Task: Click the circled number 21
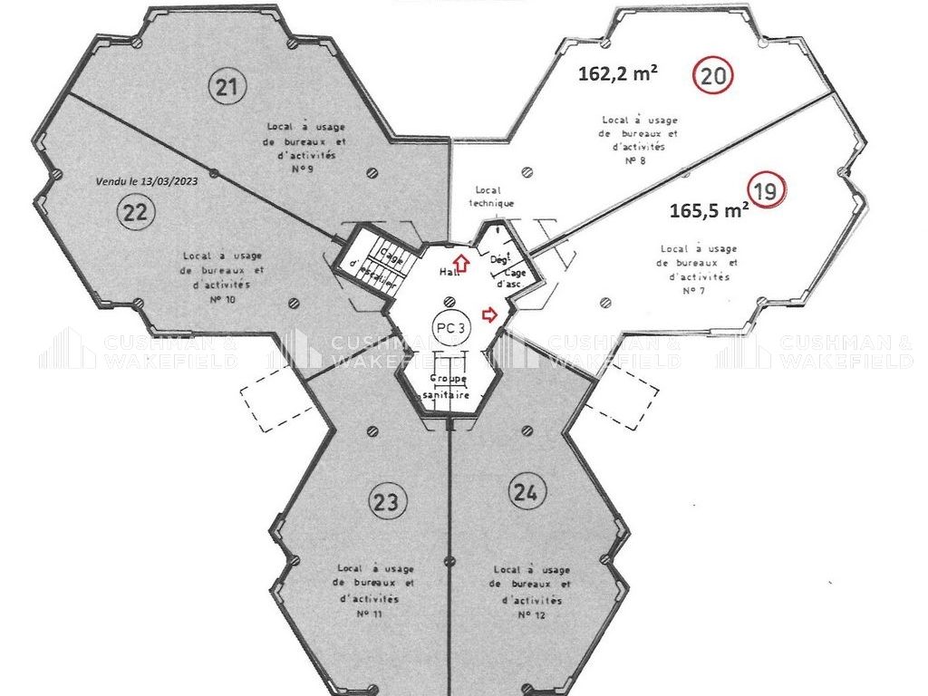point(227,87)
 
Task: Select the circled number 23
point(387,501)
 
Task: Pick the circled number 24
point(528,493)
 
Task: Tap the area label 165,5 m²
point(709,211)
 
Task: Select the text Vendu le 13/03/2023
point(146,180)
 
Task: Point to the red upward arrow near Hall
point(460,264)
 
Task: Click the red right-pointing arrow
point(491,314)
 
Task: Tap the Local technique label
point(492,197)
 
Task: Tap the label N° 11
point(372,614)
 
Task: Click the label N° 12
point(530,614)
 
